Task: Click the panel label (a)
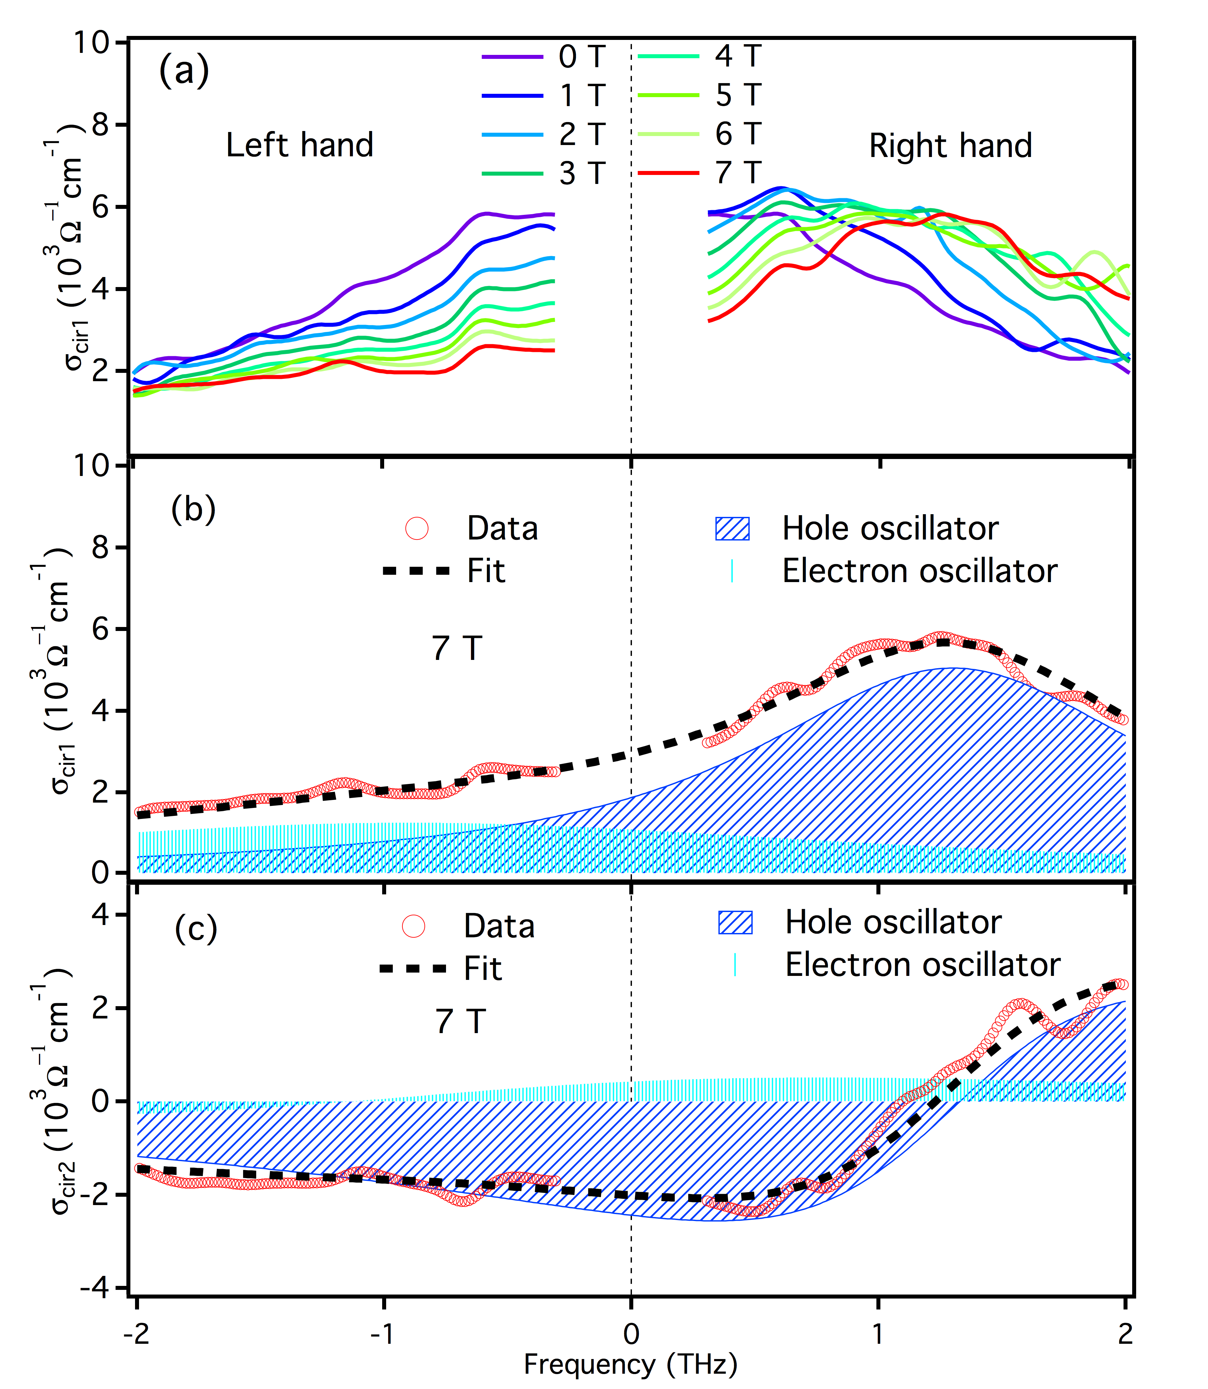[x=183, y=71]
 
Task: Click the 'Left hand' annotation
[x=299, y=145]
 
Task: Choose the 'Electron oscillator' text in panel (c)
[x=922, y=965]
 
